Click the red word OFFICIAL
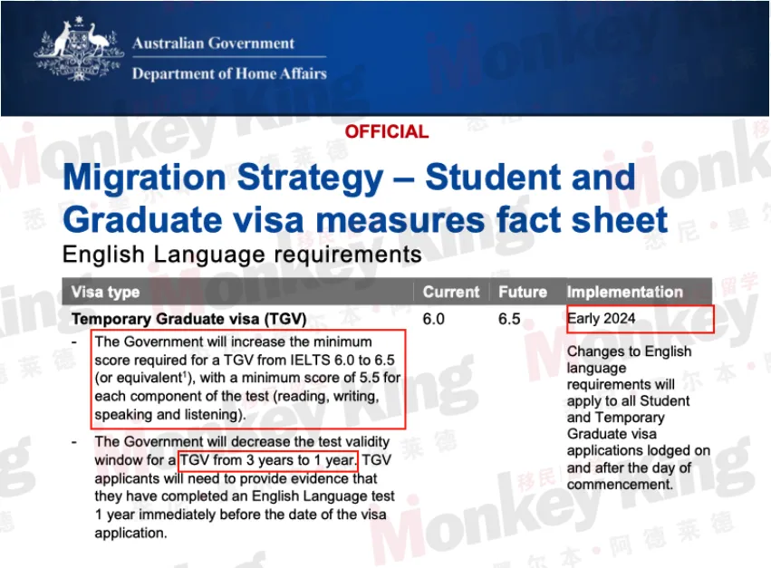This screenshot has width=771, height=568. [386, 132]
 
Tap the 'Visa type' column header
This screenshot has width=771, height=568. [106, 293]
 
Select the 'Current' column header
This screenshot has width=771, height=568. [450, 293]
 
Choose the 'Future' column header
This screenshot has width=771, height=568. [523, 293]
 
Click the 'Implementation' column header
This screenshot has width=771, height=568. [624, 293]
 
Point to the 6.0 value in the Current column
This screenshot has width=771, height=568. [434, 319]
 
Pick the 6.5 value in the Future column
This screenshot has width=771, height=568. [510, 319]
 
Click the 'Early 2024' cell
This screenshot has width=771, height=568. [602, 319]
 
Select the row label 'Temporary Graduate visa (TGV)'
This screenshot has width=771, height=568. [188, 319]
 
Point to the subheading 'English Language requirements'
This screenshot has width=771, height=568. [242, 255]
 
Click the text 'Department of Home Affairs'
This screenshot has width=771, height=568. [228, 74]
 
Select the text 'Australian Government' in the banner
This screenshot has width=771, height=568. [213, 43]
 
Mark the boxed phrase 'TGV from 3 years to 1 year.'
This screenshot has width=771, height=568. [268, 460]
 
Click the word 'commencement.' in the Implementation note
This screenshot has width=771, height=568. [620, 485]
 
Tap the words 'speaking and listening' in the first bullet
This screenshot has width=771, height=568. [169, 415]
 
